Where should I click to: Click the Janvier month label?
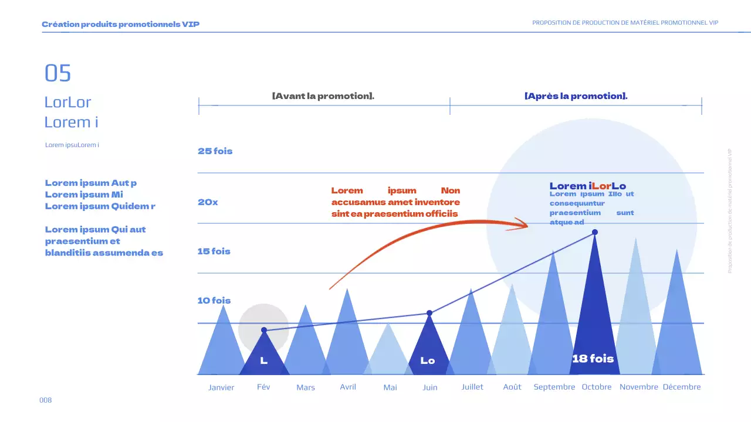[x=221, y=387]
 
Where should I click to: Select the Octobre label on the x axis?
[x=597, y=387]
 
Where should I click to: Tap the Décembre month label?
[x=682, y=387]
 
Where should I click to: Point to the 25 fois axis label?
[x=215, y=151]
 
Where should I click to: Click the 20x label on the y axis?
[x=208, y=202]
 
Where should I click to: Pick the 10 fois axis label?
[x=214, y=301]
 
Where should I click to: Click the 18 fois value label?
[x=593, y=358]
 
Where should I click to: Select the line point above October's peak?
[x=595, y=233]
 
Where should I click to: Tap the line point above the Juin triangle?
[x=429, y=314]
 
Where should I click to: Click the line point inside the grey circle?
[x=264, y=331]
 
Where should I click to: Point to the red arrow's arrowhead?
[x=522, y=224]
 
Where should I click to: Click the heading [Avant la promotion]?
[x=323, y=96]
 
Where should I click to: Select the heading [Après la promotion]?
[x=576, y=96]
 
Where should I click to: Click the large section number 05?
[x=57, y=73]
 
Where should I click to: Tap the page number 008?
[x=46, y=400]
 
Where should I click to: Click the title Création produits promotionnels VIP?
[x=120, y=25]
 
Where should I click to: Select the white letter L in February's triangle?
[x=264, y=361]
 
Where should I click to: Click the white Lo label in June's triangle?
[x=428, y=361]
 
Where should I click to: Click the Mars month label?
[x=306, y=387]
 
